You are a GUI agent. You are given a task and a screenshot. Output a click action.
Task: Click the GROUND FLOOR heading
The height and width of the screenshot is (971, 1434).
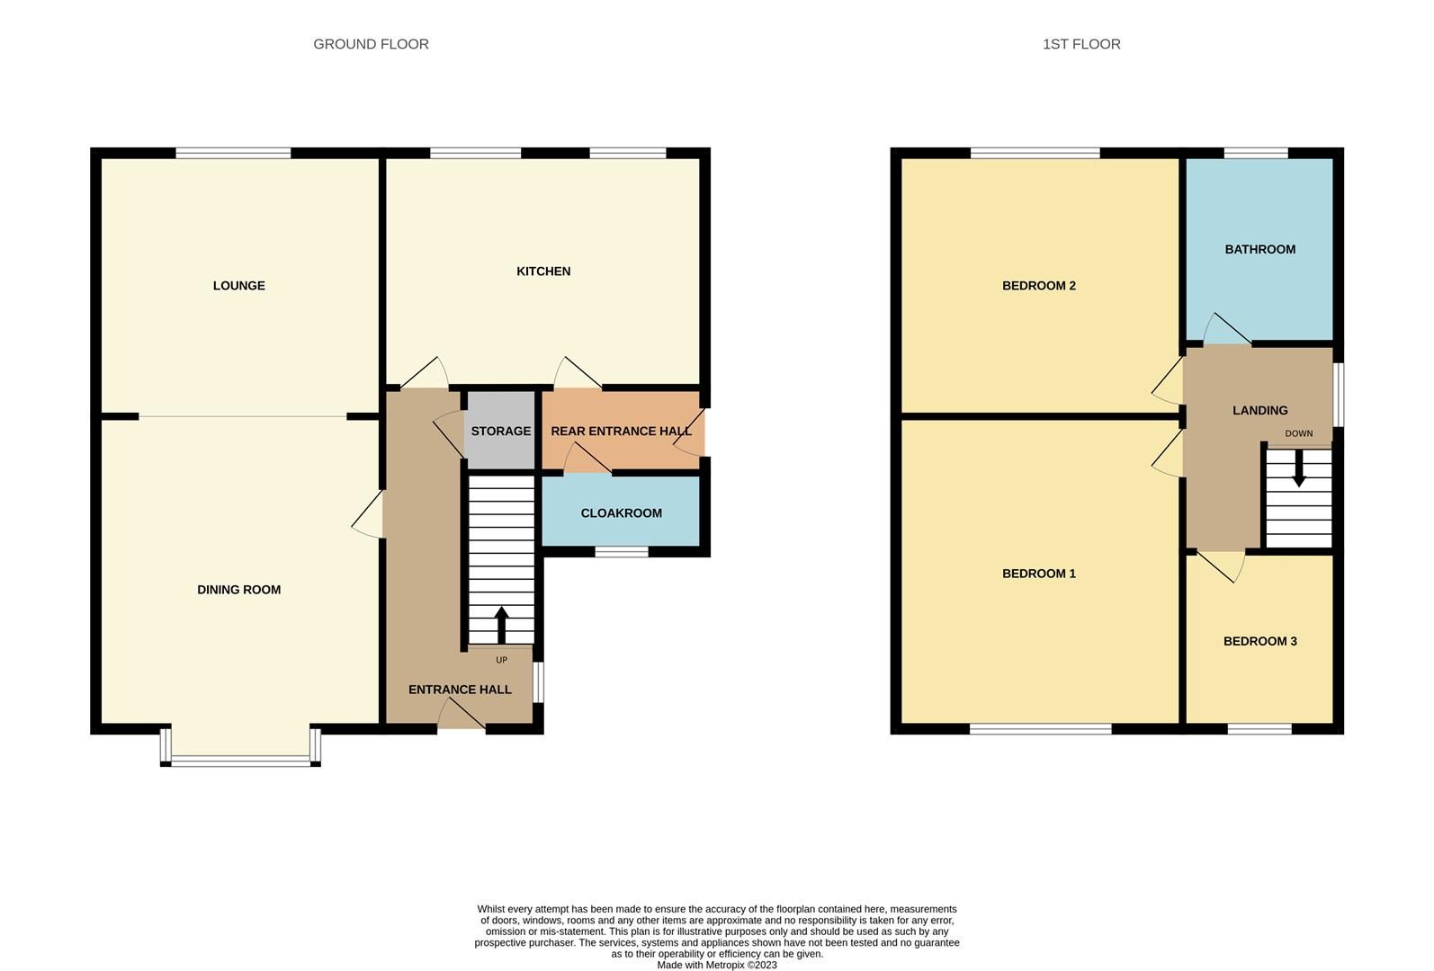(x=371, y=44)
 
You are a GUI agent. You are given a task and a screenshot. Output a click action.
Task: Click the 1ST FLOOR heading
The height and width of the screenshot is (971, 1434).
(x=1081, y=44)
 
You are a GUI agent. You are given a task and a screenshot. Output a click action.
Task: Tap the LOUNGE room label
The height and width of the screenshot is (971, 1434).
(x=238, y=286)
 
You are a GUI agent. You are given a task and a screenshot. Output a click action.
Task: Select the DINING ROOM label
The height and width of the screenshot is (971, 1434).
(x=238, y=590)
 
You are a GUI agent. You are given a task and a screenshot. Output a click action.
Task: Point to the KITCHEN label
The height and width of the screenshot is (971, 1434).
(x=543, y=272)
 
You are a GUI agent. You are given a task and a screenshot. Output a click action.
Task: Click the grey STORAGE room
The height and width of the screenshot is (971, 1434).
(x=500, y=431)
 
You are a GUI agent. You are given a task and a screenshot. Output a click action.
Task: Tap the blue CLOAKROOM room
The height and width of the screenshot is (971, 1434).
(x=621, y=513)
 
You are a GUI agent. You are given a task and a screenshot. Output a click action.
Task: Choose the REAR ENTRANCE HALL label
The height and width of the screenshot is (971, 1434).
(x=621, y=432)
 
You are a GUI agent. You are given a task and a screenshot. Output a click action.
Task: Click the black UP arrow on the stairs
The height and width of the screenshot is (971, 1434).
(x=502, y=624)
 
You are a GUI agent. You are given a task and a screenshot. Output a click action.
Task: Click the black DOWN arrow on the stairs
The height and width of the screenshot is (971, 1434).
(x=1298, y=468)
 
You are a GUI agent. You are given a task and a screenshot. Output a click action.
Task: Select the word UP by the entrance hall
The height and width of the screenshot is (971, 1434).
(x=502, y=660)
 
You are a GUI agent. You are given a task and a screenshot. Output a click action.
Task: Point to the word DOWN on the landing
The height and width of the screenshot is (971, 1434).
(x=1298, y=433)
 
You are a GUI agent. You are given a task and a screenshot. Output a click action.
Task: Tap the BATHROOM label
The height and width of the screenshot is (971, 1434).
(x=1259, y=250)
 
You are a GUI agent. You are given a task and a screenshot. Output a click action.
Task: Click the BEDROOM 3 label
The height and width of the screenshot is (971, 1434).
(x=1259, y=642)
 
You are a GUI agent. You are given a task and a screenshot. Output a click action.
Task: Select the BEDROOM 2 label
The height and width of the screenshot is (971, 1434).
(x=1038, y=286)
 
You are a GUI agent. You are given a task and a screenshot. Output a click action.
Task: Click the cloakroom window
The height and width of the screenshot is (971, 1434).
(x=622, y=551)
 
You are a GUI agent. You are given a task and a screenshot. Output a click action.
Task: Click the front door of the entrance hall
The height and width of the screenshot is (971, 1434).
(x=462, y=716)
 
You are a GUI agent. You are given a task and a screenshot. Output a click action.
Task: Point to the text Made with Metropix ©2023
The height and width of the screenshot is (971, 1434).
(x=716, y=965)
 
